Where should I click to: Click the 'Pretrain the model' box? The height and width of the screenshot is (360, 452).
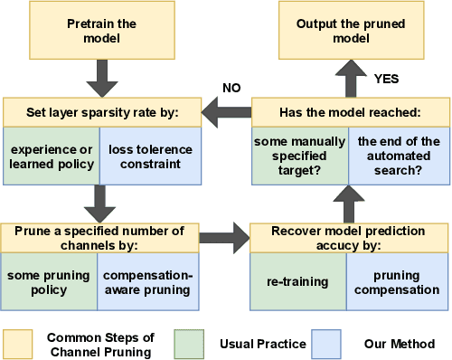(101, 33)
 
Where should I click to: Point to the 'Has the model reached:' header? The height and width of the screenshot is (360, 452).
(349, 112)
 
